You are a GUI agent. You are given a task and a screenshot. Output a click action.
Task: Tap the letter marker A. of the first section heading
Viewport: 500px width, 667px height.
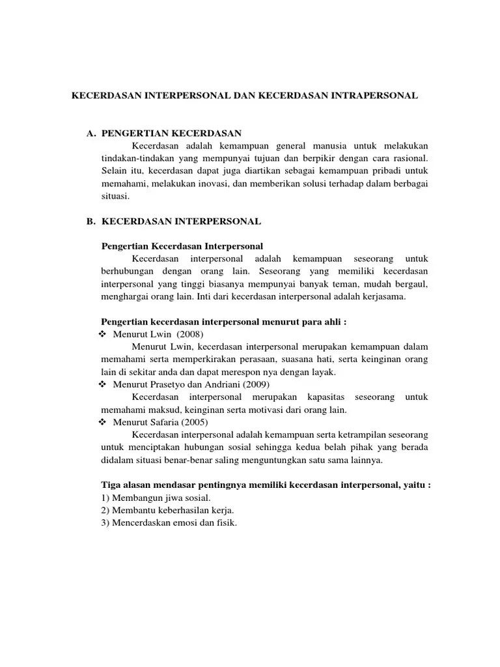click(x=92, y=134)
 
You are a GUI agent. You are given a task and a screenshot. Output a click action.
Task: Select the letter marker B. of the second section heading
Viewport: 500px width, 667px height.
click(x=92, y=221)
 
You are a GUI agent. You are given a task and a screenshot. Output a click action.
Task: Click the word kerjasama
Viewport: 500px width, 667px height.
click(x=384, y=296)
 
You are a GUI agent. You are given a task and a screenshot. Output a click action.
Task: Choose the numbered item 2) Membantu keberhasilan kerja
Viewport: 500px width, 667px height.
click(x=167, y=509)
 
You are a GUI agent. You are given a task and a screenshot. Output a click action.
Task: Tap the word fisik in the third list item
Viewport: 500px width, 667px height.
click(x=225, y=522)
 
